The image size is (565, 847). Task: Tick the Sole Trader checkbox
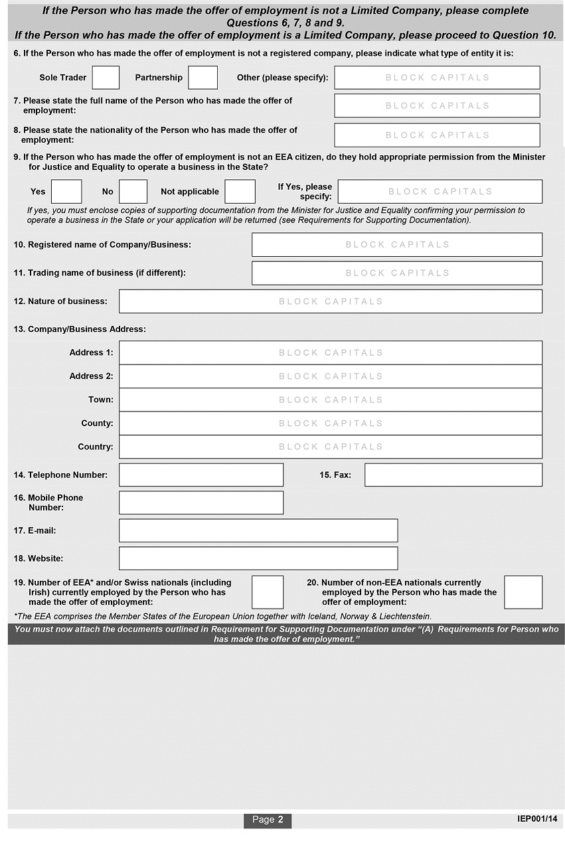(106, 78)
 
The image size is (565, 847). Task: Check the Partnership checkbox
(202, 78)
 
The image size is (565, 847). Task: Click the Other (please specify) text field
(437, 78)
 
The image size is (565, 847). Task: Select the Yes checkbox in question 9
(66, 192)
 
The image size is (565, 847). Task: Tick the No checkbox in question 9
(133, 192)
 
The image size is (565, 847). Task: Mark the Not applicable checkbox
(240, 192)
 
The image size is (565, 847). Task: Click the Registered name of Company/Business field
(396, 245)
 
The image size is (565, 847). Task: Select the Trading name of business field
(396, 273)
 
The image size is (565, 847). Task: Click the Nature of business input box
(330, 301)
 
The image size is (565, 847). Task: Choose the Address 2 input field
(330, 376)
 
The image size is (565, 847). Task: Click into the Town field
(330, 400)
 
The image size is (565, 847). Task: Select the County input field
(330, 424)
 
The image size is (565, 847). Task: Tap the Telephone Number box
(201, 475)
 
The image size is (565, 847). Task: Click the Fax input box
(453, 475)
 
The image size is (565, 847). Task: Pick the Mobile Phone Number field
(201, 502)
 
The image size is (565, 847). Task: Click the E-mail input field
(258, 531)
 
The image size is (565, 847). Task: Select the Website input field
(258, 558)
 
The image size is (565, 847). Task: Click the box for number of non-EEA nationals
(523, 592)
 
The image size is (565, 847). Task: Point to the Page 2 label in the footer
(268, 820)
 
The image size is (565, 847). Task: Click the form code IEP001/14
(537, 819)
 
